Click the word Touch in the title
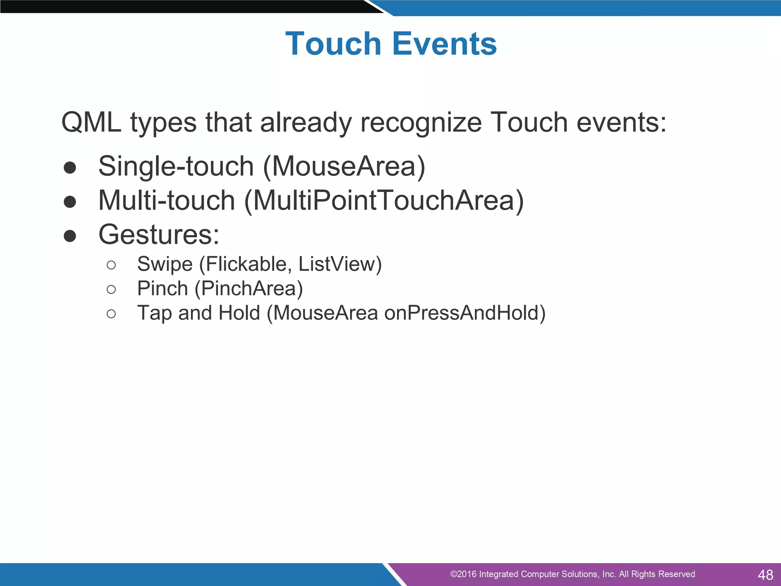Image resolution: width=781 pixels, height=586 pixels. tap(333, 44)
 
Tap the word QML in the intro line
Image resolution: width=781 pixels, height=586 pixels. tap(91, 122)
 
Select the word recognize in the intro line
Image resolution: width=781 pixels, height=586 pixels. tap(421, 123)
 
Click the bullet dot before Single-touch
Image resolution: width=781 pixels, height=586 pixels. tap(70, 167)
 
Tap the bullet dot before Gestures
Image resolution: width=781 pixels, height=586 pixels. tap(70, 236)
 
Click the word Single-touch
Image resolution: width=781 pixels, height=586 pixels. tap(176, 167)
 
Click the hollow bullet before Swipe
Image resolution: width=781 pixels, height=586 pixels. tap(111, 265)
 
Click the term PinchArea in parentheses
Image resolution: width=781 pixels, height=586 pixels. tap(249, 288)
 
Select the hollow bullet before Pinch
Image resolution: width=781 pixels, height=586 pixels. tap(111, 290)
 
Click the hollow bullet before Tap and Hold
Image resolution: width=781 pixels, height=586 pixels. tap(111, 314)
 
